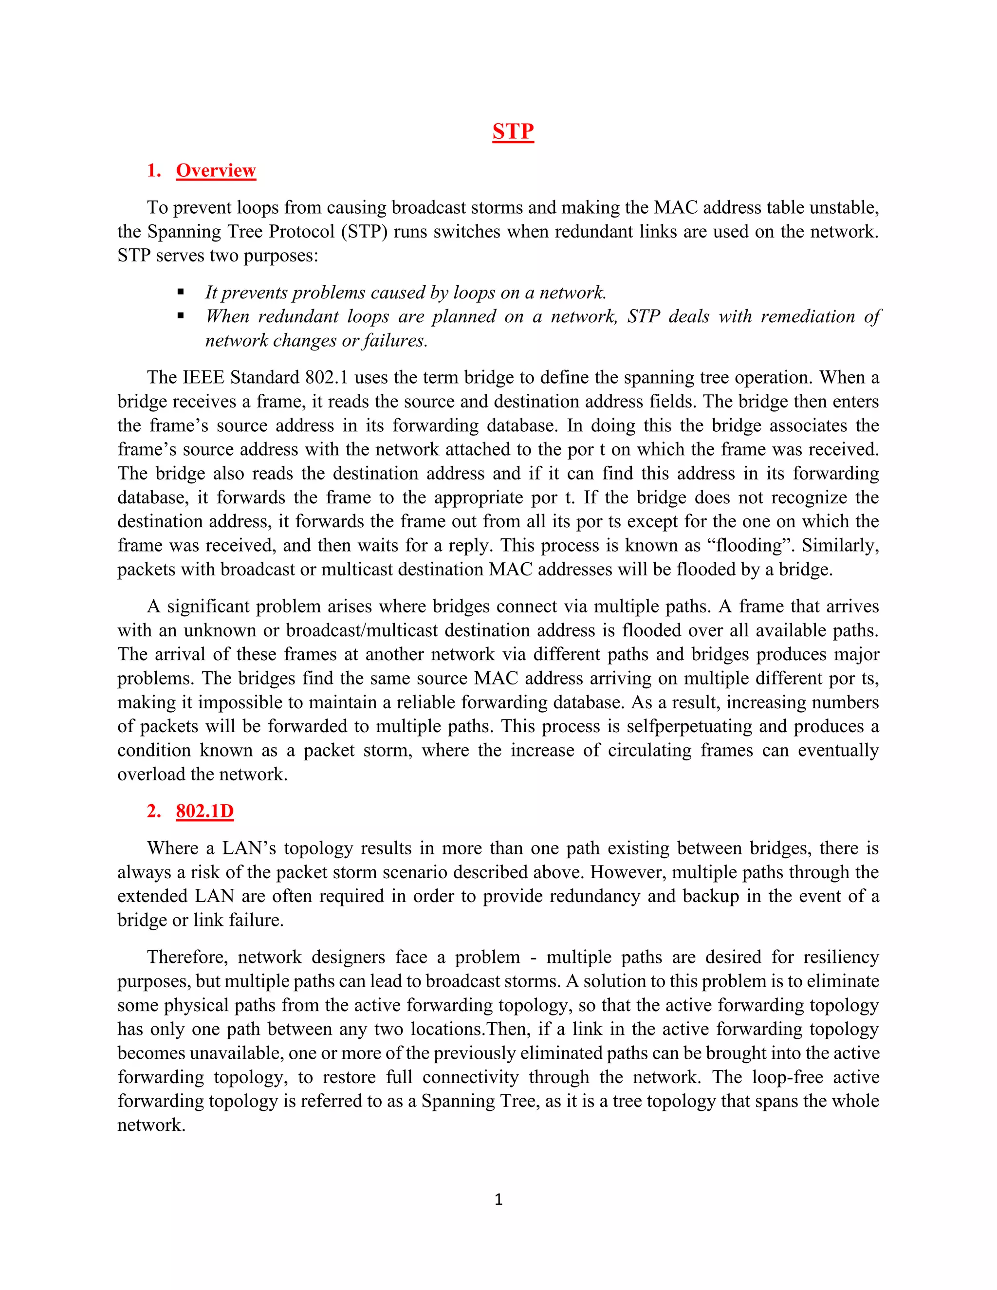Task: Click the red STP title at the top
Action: [x=513, y=131]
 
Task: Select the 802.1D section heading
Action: [x=204, y=811]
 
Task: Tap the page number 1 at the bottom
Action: [x=498, y=1199]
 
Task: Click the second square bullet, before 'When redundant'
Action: [x=181, y=316]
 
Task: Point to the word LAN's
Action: [x=249, y=848]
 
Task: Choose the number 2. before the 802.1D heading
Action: [x=153, y=811]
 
